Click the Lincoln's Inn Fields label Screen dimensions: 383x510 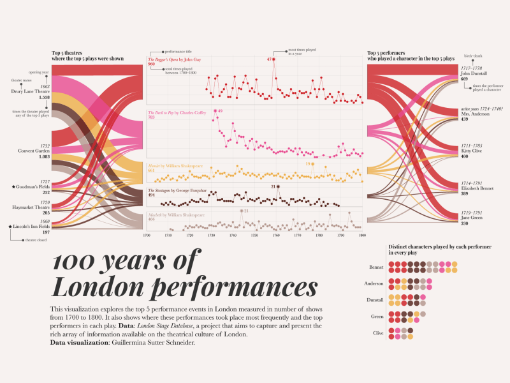click(31, 227)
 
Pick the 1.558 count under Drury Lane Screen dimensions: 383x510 click(44, 98)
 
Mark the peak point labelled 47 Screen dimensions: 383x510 click(274, 59)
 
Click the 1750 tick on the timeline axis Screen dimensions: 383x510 click(254, 236)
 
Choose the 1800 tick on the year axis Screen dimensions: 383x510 click(362, 236)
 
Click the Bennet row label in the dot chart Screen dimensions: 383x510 click(376, 267)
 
